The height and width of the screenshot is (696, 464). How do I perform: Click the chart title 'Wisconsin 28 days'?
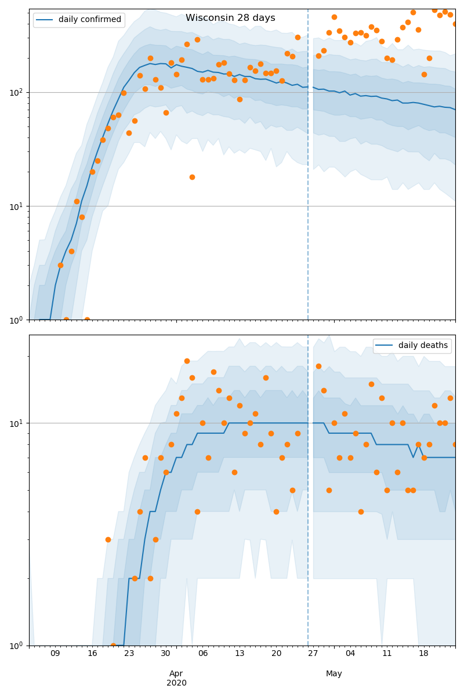230,18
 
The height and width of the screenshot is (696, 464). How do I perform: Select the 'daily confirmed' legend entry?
89,20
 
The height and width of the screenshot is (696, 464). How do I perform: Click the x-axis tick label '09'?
55,654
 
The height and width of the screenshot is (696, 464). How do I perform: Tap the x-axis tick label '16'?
92,654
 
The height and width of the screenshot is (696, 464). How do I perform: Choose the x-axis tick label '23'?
129,654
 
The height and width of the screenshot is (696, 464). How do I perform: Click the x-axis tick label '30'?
166,654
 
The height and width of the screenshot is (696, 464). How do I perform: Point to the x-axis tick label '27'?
313,654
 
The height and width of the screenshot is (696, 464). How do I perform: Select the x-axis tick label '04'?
350,654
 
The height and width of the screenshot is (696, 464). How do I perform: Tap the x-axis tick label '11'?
387,654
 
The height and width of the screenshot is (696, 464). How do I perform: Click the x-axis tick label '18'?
424,654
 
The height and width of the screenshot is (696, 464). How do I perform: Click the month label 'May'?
334,673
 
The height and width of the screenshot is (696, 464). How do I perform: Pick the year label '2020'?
176,683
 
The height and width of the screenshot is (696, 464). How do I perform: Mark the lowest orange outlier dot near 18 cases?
192,177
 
